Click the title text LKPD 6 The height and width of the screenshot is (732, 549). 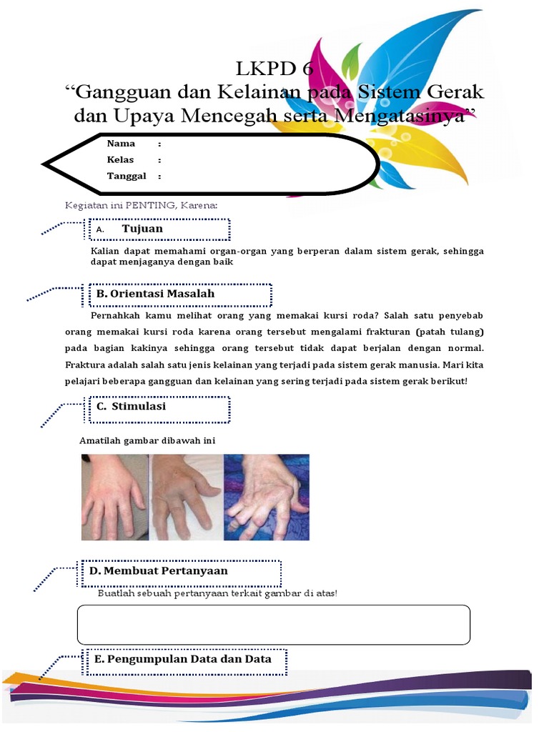coord(274,69)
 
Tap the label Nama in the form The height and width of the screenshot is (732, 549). coord(121,144)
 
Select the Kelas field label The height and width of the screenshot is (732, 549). coord(120,160)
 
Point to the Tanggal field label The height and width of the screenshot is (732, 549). coord(127,177)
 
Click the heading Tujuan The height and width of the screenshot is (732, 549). coord(142,229)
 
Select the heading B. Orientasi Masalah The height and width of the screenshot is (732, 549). coord(155,294)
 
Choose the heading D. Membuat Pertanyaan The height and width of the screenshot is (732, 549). coord(158,571)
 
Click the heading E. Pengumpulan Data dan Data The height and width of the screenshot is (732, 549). coord(183,659)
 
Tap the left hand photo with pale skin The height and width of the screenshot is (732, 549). coord(114,497)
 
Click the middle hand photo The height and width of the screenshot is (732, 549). coord(187,497)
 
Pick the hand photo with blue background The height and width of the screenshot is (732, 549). coord(266,497)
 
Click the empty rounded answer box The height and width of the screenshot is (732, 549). coord(273,624)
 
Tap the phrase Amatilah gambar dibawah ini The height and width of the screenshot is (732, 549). coord(147,440)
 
